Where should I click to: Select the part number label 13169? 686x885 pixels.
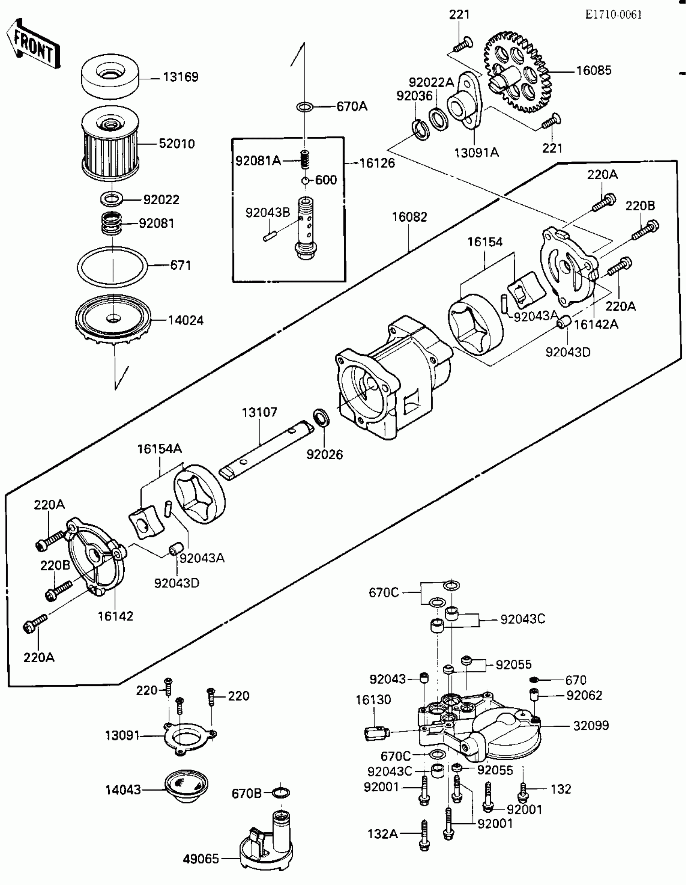click(181, 77)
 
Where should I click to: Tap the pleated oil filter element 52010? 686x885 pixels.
click(110, 146)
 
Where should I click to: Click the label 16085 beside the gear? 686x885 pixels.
click(594, 71)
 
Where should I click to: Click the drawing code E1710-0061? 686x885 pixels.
click(613, 15)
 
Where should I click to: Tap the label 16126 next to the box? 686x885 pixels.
click(377, 163)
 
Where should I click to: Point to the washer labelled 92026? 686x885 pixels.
click(321, 417)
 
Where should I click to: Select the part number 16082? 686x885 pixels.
click(410, 217)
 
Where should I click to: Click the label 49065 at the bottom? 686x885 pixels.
click(201, 859)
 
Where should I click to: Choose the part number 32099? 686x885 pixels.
click(591, 726)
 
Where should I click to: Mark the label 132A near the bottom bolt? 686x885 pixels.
click(383, 834)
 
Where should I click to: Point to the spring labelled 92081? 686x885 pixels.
click(111, 223)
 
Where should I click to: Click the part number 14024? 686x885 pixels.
click(186, 321)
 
